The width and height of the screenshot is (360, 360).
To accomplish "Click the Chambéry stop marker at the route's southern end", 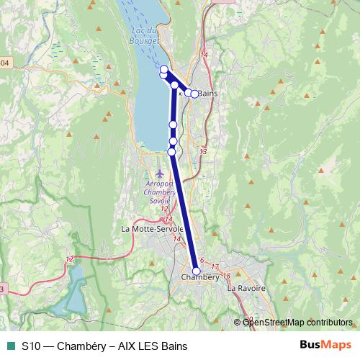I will click(x=197, y=271).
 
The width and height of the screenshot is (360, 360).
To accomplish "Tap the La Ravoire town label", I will click(x=246, y=288).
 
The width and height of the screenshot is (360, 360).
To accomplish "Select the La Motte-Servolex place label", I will click(x=153, y=230).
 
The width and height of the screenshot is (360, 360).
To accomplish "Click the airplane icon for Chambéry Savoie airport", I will click(x=160, y=174).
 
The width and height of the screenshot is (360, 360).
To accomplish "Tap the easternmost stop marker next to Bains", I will click(x=194, y=94).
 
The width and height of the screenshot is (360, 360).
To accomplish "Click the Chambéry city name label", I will click(x=200, y=277).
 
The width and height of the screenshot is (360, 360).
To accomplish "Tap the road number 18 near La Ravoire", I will click(x=227, y=276).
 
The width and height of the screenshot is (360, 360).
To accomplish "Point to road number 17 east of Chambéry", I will click(x=215, y=267).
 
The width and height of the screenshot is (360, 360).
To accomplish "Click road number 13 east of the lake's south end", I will click(x=203, y=151).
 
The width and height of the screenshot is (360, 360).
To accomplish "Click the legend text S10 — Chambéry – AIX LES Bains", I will click(x=104, y=346).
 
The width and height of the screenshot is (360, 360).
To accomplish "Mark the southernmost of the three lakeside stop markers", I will click(x=171, y=151).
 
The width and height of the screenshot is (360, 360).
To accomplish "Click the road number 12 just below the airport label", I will click(x=164, y=209).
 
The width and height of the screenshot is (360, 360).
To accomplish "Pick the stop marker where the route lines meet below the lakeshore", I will click(x=175, y=85).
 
